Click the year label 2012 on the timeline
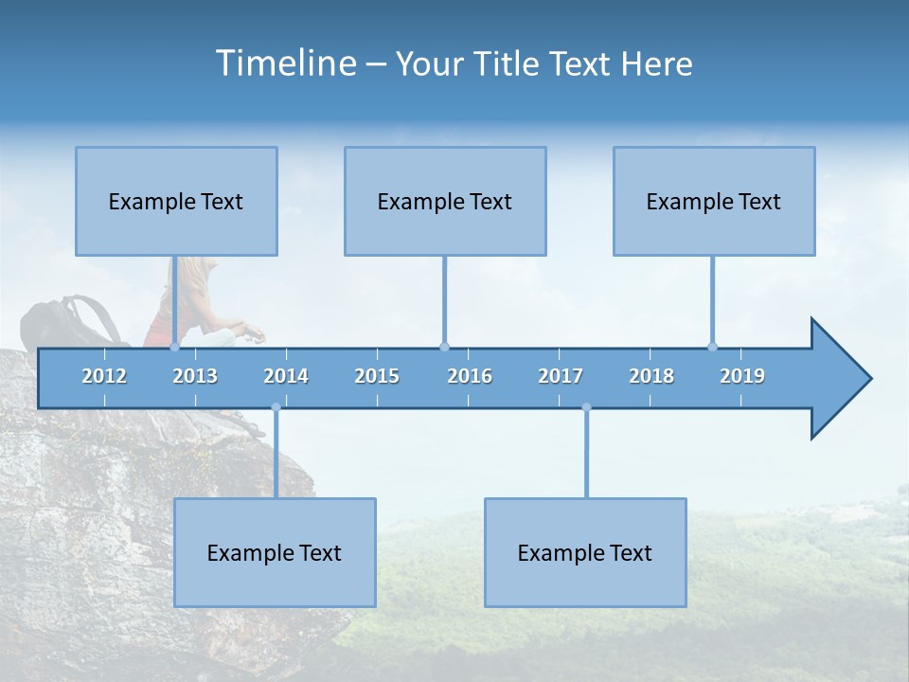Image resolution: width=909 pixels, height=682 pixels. [x=104, y=376]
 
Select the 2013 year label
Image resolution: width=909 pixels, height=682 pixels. [x=195, y=376]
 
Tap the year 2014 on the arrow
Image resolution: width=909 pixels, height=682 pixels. [x=286, y=376]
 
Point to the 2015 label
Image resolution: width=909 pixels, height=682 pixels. [x=377, y=376]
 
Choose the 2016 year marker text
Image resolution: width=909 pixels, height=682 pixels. [x=470, y=376]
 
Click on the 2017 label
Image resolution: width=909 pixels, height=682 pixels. [x=561, y=376]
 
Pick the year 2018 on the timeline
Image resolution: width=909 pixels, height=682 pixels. [x=651, y=376]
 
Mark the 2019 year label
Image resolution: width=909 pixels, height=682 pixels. [x=742, y=376]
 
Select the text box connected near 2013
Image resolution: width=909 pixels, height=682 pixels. [x=176, y=201]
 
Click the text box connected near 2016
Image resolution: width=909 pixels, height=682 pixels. [x=445, y=201]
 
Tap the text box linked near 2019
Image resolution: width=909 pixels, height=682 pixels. [x=714, y=201]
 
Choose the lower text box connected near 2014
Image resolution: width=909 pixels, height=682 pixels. [x=275, y=552]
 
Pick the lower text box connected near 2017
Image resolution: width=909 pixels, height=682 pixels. [x=585, y=552]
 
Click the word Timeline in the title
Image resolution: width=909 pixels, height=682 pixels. [x=285, y=63]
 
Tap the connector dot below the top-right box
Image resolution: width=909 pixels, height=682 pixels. [x=713, y=347]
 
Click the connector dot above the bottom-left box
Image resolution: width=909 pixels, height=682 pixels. [x=276, y=407]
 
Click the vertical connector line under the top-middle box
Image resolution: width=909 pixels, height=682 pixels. [x=444, y=298]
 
